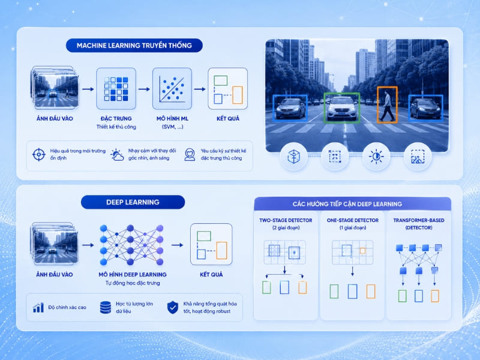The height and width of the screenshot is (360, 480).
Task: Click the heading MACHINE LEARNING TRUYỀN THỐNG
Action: click(134, 46)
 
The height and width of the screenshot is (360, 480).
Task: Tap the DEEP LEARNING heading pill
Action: click(133, 202)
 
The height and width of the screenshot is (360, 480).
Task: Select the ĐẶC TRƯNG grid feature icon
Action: click(116, 89)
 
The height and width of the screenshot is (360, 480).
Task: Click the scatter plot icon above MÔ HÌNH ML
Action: click(172, 89)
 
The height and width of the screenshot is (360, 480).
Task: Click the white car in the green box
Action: click(341, 108)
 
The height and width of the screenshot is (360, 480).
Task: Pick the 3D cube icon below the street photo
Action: click(293, 157)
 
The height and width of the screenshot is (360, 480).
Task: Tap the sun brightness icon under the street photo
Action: click(376, 157)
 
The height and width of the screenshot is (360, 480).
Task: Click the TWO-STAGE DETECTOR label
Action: click(286, 220)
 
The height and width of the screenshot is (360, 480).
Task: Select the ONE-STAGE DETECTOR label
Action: click(352, 220)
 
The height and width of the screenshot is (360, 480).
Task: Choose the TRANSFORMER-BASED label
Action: click(418, 220)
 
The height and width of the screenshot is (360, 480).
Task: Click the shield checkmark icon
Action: click(173, 307)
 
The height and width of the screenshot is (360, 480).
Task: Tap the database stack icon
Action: click(106, 307)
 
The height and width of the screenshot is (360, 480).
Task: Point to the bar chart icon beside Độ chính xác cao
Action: click(38, 308)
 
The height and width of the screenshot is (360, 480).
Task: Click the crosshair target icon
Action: click(39, 154)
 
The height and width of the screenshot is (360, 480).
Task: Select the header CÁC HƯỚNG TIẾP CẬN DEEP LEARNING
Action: click(347, 204)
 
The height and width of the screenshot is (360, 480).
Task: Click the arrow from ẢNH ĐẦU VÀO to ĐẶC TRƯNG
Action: click(88, 89)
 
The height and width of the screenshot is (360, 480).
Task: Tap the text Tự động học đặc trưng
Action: click(133, 283)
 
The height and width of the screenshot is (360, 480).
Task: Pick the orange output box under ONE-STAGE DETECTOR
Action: click(371, 292)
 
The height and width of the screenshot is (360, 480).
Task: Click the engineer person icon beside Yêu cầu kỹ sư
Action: click(190, 155)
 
